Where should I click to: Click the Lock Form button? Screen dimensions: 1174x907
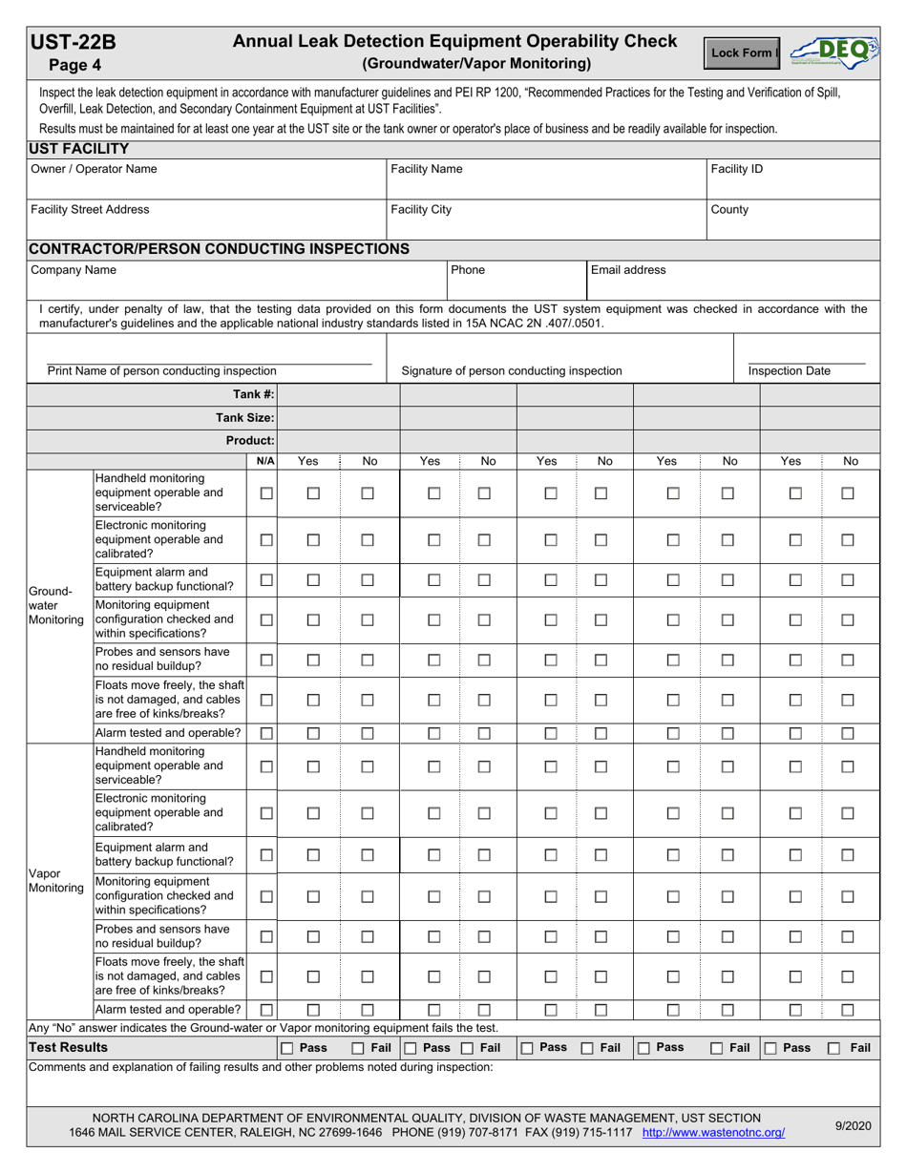click(x=743, y=53)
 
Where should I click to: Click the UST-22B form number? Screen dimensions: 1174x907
click(x=74, y=42)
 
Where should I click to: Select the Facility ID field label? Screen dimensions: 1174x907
click(x=736, y=169)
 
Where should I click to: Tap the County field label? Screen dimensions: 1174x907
click(x=729, y=209)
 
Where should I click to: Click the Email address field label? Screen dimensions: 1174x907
click(x=628, y=270)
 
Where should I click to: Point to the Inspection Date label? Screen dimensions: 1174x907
click(x=789, y=370)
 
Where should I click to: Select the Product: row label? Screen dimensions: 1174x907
click(x=249, y=440)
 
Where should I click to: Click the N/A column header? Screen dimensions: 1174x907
click(x=265, y=461)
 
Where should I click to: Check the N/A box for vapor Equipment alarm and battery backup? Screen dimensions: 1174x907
click(x=267, y=853)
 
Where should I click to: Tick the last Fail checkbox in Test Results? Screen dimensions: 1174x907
click(x=834, y=1048)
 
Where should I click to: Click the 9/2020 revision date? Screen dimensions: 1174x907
click(x=853, y=1125)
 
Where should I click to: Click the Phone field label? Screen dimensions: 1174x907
click(x=468, y=270)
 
